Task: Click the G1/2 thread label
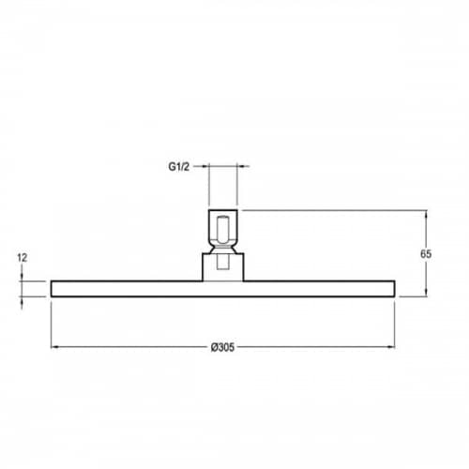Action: click(179, 167)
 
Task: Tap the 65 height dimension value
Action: click(426, 254)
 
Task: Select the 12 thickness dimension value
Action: click(23, 258)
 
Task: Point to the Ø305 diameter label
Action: click(222, 347)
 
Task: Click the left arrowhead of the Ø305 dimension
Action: click(54, 346)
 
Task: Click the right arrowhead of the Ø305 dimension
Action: click(391, 346)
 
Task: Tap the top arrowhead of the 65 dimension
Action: click(426, 214)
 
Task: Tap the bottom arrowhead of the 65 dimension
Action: click(426, 292)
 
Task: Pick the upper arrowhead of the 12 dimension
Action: click(22, 277)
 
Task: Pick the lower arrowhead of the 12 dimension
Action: click(22, 300)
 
